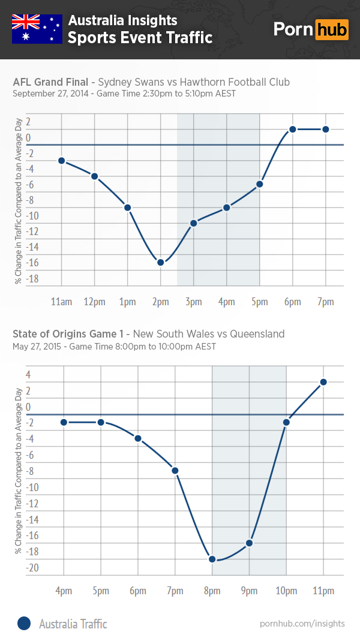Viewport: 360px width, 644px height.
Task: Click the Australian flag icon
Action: tap(37, 29)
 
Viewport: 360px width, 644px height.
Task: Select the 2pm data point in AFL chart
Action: tap(161, 262)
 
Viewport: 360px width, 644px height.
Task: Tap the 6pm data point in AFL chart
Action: tap(293, 129)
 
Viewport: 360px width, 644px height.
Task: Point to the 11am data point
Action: tap(62, 161)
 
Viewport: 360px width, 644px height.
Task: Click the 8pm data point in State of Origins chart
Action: tap(212, 559)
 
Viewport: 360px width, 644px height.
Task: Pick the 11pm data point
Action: tap(323, 382)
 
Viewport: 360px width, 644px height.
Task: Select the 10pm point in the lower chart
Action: tap(286, 422)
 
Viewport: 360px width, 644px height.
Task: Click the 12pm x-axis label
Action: tap(94, 302)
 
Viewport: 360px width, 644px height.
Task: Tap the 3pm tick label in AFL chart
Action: tap(194, 302)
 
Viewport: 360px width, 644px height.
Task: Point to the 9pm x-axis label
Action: tap(249, 591)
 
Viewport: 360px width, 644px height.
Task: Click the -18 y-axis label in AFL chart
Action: tap(32, 279)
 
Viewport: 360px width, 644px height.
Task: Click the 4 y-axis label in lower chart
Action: tap(28, 375)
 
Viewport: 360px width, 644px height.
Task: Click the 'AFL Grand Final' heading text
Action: tap(50, 82)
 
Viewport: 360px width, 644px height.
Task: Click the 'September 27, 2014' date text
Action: tap(49, 94)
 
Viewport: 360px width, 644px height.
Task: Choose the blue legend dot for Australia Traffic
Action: tap(23, 624)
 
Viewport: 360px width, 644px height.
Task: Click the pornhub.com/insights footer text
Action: tap(302, 624)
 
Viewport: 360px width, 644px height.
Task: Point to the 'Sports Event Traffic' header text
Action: tap(140, 38)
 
